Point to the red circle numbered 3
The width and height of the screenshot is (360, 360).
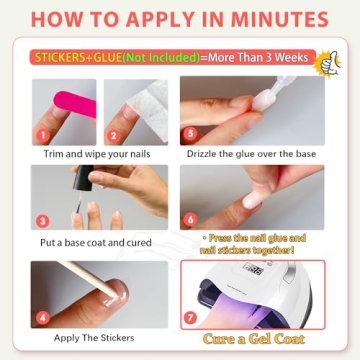[x=43, y=220]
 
